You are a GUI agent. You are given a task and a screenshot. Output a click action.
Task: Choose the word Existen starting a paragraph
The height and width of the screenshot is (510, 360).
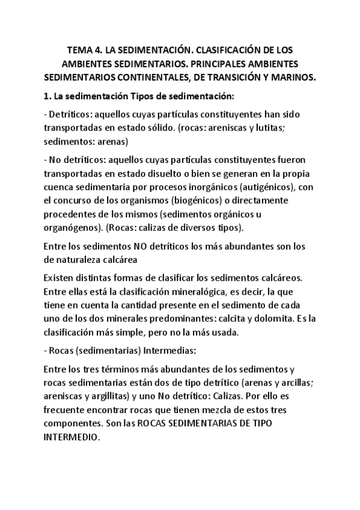click(x=61, y=279)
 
